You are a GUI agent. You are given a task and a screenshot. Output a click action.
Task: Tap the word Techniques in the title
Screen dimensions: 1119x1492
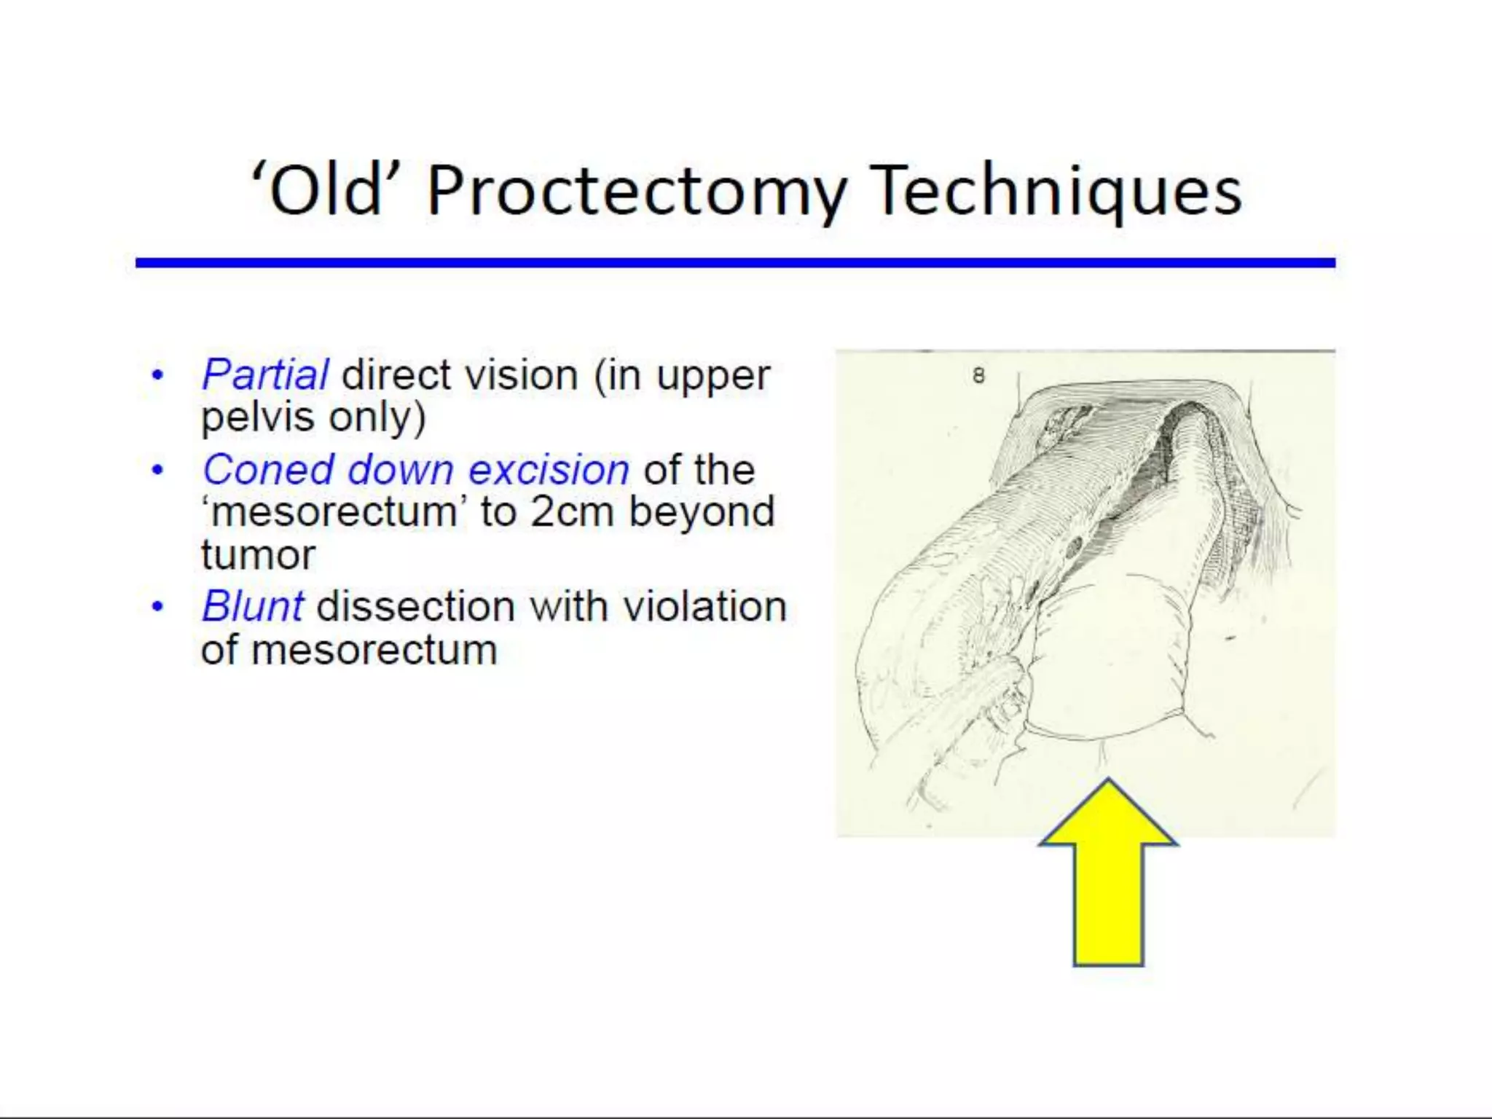[x=1056, y=191]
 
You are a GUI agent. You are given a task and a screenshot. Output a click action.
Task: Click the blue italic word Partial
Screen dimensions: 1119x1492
[x=265, y=376]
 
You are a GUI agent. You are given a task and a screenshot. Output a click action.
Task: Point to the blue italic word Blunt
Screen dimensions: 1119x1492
[x=252, y=606]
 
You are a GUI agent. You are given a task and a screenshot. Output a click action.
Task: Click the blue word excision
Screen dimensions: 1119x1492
[x=549, y=470]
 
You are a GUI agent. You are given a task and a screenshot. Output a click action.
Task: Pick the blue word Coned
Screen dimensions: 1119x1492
[x=268, y=470]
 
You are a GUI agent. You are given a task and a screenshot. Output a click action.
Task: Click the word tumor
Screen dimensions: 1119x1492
[x=258, y=555]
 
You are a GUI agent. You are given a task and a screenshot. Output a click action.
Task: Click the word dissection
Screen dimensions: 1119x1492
[x=417, y=606]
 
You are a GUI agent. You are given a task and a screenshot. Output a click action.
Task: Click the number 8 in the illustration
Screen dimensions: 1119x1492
[x=978, y=376]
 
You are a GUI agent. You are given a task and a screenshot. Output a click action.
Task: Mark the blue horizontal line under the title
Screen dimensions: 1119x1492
[x=734, y=262]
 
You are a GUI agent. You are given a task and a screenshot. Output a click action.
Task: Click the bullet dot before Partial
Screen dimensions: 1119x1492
[x=157, y=377]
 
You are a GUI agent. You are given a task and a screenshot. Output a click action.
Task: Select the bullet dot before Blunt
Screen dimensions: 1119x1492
[x=157, y=607]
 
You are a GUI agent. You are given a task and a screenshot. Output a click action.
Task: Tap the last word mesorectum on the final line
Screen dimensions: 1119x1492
[x=374, y=650]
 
